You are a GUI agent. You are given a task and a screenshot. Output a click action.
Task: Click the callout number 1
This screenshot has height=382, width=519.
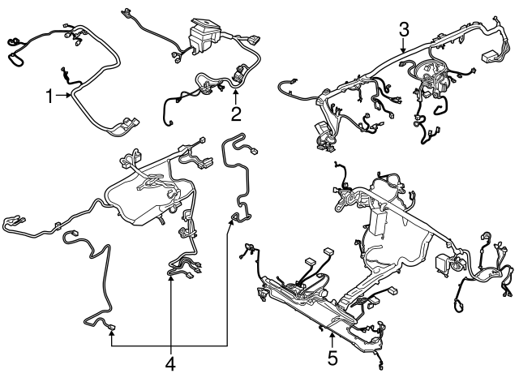click(x=50, y=97)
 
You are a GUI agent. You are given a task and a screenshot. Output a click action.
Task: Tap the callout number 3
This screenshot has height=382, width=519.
click(x=404, y=30)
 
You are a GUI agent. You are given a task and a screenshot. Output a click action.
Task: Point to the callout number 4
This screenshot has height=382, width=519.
click(x=171, y=364)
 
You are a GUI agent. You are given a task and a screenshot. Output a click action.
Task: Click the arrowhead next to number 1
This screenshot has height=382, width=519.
click(x=71, y=97)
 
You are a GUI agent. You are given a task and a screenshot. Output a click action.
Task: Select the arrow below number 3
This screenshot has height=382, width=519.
click(x=404, y=52)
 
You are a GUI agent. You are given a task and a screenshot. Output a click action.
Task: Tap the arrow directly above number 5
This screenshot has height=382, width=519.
click(x=332, y=333)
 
